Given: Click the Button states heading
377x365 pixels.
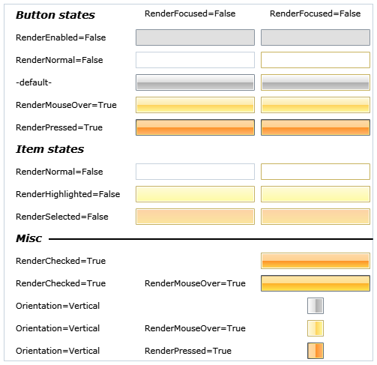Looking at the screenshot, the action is (x=55, y=15).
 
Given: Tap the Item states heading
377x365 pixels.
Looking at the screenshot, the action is (x=49, y=149).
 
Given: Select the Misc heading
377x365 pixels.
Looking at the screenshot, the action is (x=28, y=238).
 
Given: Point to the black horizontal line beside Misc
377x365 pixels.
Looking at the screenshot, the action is (x=211, y=239).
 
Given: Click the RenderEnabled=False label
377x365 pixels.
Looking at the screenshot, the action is (x=61, y=37).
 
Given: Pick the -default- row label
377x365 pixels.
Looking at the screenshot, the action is (x=34, y=82).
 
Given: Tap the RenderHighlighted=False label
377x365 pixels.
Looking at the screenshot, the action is (x=67, y=194).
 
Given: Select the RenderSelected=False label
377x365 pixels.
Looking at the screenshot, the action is (x=62, y=217).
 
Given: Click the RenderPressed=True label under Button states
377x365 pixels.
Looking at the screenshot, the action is (x=59, y=127).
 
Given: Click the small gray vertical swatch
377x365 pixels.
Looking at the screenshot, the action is (x=316, y=306).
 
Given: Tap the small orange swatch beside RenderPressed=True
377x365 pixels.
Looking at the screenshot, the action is (x=316, y=351).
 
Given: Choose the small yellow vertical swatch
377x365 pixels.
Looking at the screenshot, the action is (x=316, y=328).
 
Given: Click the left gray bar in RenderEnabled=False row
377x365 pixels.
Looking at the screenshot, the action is (x=195, y=37).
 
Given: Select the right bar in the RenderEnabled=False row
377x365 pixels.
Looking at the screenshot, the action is (x=316, y=37).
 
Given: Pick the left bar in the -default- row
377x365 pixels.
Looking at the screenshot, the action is (x=195, y=82).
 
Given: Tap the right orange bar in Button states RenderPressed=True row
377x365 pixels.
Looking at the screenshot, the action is (x=316, y=127).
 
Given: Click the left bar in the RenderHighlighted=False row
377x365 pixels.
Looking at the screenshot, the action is (x=195, y=194).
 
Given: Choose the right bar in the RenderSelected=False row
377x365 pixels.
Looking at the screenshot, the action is (x=316, y=217).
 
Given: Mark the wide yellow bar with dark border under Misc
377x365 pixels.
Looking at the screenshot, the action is (x=316, y=283).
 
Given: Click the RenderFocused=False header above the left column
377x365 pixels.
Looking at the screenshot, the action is (x=190, y=13).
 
